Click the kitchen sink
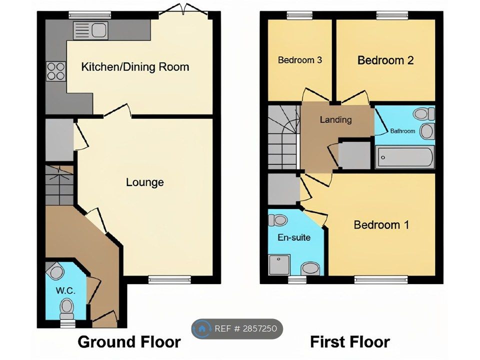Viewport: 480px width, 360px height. pyautogui.click(x=90, y=30)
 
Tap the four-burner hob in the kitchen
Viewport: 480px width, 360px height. pyautogui.click(x=55, y=71)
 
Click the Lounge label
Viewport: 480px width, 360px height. pyautogui.click(x=145, y=182)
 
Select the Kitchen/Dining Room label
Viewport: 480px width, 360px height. pyautogui.click(x=135, y=66)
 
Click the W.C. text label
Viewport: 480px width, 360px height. pyautogui.click(x=65, y=290)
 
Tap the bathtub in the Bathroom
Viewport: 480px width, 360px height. pyautogui.click(x=405, y=156)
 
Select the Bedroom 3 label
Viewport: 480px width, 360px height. pyautogui.click(x=299, y=60)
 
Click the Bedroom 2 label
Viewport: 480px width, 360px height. pyautogui.click(x=385, y=60)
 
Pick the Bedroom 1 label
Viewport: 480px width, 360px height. pyautogui.click(x=381, y=225)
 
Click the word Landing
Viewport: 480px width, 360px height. pyautogui.click(x=335, y=119)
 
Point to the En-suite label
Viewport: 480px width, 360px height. pyautogui.click(x=294, y=237)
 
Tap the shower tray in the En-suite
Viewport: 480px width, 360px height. pyautogui.click(x=279, y=265)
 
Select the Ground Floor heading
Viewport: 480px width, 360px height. pyautogui.click(x=129, y=341)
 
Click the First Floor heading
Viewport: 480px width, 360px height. pyautogui.click(x=350, y=341)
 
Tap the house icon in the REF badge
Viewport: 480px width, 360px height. pyautogui.click(x=201, y=329)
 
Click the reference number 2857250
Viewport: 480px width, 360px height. pyautogui.click(x=260, y=329)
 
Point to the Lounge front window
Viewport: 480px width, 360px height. pyautogui.click(x=169, y=279)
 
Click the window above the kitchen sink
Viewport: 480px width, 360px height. pyautogui.click(x=89, y=15)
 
